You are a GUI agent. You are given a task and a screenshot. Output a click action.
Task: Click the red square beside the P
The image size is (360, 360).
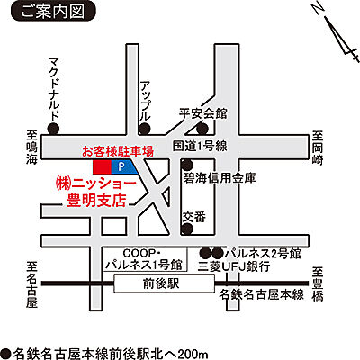(102, 167)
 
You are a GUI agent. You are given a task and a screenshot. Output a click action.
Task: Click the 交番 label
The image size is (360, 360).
(193, 216)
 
